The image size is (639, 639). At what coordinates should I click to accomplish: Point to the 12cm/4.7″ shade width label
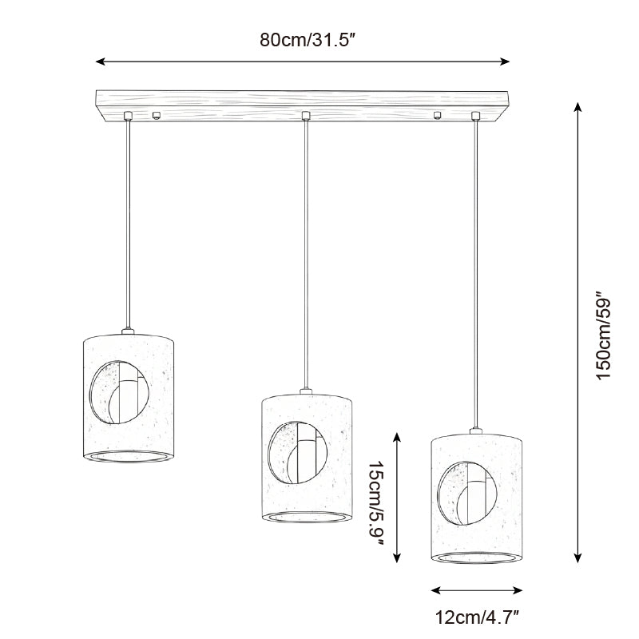477,616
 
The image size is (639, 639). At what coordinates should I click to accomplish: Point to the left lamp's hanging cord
127,224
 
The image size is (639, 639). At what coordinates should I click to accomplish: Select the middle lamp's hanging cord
306,256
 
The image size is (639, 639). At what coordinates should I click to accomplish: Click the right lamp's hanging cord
477,272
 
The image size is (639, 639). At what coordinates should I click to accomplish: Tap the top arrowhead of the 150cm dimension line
577,105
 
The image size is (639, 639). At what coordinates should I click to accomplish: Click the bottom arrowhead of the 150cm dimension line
577,561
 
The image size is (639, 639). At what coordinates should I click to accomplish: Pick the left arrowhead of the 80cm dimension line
99,61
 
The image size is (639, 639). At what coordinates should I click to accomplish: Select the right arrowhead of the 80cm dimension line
506,61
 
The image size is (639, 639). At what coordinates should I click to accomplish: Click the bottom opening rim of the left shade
128,457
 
